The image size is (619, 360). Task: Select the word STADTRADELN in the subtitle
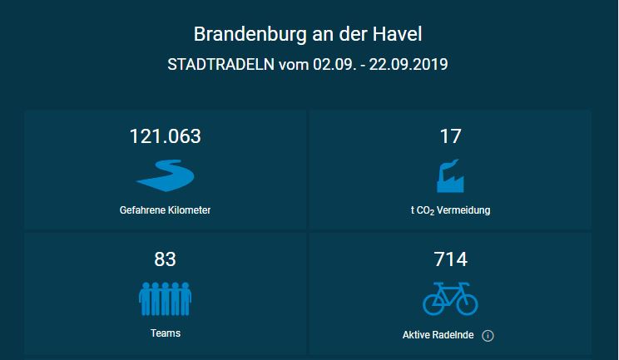click(220, 65)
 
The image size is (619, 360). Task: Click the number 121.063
click(165, 136)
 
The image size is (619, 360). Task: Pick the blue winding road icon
click(165, 175)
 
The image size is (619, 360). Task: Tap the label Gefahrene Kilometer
click(165, 210)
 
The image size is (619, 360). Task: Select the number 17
click(450, 136)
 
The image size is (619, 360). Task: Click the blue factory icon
click(450, 175)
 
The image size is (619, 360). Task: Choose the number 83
click(165, 259)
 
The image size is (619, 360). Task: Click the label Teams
click(166, 333)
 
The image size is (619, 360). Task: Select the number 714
click(450, 259)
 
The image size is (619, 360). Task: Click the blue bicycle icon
click(450, 298)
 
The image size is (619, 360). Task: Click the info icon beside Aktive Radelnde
click(488, 336)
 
